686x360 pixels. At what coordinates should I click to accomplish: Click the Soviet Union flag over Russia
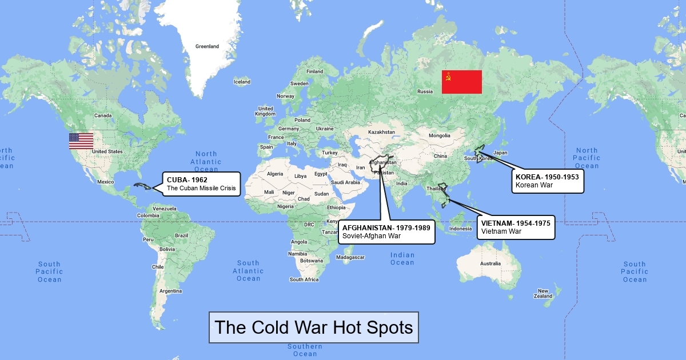[x=462, y=82]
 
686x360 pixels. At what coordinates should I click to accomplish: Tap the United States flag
[x=81, y=141]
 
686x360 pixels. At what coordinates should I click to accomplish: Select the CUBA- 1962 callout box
[x=201, y=184]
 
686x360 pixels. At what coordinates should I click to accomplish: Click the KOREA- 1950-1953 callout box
[x=547, y=181]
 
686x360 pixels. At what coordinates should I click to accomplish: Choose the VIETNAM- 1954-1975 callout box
[x=516, y=227]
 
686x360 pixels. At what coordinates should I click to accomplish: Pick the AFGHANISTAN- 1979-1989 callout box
[x=386, y=231]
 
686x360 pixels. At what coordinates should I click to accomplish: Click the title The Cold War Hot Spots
[x=313, y=327]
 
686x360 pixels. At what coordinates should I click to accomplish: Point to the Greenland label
[x=207, y=47]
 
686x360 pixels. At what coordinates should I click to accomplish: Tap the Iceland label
[x=242, y=82]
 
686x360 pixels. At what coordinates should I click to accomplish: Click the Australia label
[x=490, y=263]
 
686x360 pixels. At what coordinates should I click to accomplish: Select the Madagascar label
[x=350, y=257]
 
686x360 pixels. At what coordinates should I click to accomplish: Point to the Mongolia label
[x=440, y=135]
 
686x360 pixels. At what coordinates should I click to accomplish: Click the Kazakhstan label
[x=381, y=132]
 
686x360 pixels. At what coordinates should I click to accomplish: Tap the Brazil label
[x=182, y=235]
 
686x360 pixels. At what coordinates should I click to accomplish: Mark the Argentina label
[x=171, y=291]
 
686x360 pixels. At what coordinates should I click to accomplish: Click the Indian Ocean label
[x=402, y=259]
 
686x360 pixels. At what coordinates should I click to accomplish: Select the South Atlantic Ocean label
[x=248, y=271]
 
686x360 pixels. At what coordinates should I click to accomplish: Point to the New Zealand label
[x=543, y=294]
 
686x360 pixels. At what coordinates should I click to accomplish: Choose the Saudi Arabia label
[x=345, y=182]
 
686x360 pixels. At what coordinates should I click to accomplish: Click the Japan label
[x=500, y=153]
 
